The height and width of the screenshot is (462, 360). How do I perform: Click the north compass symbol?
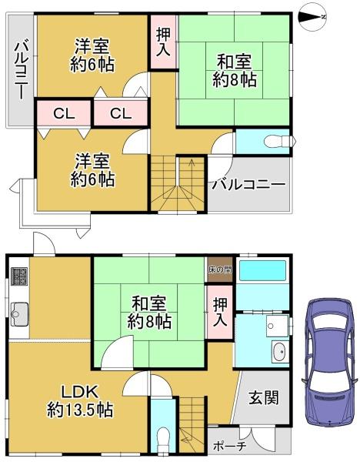coord(312,17)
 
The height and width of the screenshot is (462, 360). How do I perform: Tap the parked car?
coord(328,363)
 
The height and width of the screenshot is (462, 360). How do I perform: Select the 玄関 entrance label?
coord(263,398)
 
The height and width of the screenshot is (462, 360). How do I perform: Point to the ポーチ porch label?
coord(229,446)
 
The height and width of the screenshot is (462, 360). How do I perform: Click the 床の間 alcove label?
coord(220,269)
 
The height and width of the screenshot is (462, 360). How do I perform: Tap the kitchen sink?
coord(19,314)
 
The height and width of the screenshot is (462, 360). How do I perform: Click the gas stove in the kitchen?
coord(19,276)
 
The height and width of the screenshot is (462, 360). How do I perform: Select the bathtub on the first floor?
coord(262,270)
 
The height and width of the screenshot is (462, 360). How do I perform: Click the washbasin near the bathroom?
coord(279,351)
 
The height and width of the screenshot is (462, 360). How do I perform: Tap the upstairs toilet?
coord(280,141)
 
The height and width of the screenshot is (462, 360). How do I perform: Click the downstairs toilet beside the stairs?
coord(162,440)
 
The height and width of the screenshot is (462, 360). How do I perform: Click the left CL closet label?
coord(64,113)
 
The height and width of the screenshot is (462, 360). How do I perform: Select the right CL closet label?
coord(121,113)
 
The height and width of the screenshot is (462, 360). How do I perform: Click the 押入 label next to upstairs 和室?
coord(163,42)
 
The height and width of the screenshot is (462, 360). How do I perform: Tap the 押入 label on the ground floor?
coord(220,312)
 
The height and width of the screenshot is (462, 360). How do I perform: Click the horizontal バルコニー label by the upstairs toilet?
coord(249,185)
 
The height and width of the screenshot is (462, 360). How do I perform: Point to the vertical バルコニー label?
coord(22,71)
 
